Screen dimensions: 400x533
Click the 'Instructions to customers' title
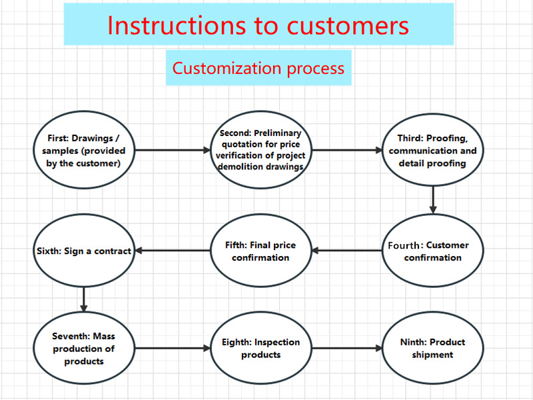tap(258, 25)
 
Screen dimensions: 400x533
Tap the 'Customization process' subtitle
tap(259, 68)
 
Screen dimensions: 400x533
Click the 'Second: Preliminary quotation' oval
tap(261, 150)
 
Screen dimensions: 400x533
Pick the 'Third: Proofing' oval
tap(432, 151)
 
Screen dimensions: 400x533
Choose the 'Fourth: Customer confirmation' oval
tap(432, 251)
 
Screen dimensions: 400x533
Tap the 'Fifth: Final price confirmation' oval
tap(261, 251)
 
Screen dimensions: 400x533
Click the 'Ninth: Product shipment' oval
tap(432, 348)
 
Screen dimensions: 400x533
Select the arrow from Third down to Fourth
tap(433, 199)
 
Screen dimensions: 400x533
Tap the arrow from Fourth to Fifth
tap(346, 251)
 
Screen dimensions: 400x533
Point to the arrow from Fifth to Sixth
tap(173, 251)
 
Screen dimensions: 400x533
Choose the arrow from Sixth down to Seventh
tap(84, 299)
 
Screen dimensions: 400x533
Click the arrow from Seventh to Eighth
tap(172, 348)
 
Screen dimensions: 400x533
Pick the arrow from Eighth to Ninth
tap(346, 348)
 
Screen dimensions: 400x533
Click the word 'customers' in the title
tap(348, 25)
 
